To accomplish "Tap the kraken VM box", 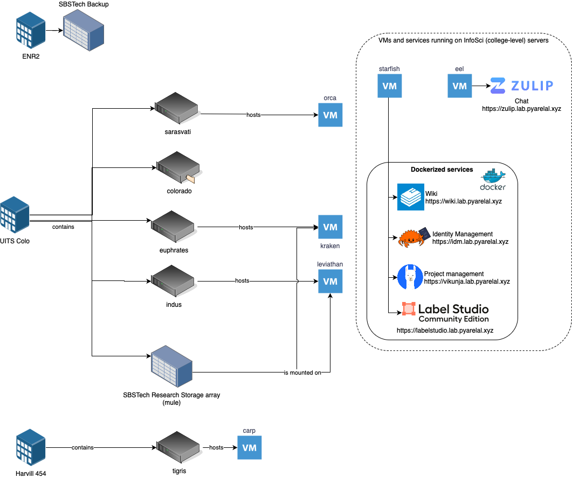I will click(330, 227).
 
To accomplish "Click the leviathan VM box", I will click(330, 281).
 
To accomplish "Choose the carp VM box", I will click(249, 447).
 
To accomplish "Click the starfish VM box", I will click(389, 86).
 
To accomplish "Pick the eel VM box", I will click(459, 86).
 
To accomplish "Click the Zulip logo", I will click(521, 86).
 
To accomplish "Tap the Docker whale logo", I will click(493, 179).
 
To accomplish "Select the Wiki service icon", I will click(411, 197).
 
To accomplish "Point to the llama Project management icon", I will click(410, 277).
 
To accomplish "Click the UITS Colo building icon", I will click(15, 216).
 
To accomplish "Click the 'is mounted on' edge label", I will click(298, 372).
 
